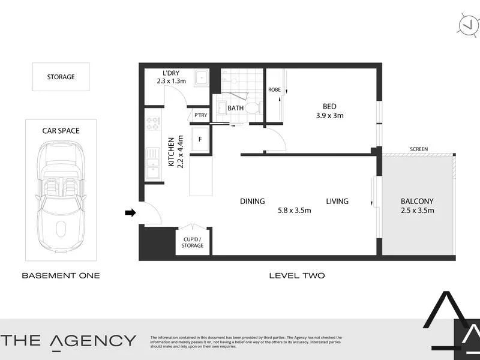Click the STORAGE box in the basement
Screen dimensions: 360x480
(61, 77)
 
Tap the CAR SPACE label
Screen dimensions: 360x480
(61, 130)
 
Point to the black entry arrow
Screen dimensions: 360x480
(129, 212)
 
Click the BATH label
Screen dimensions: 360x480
(235, 108)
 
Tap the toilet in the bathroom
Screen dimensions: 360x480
(253, 108)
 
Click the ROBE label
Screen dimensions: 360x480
(274, 90)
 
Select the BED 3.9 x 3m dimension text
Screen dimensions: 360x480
(329, 116)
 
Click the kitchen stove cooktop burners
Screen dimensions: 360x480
(152, 124)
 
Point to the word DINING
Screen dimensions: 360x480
(252, 202)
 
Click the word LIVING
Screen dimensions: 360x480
(337, 202)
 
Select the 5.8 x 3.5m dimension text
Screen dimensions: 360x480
(294, 211)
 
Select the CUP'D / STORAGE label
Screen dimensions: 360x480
(193, 242)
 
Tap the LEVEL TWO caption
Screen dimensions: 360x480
(296, 275)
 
